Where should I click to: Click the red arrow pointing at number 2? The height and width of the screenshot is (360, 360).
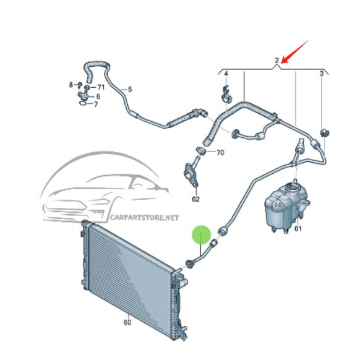[295, 52]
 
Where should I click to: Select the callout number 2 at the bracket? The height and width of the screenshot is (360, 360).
[277, 61]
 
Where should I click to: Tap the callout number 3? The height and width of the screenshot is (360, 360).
[322, 74]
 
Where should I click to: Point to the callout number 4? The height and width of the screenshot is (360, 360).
[226, 74]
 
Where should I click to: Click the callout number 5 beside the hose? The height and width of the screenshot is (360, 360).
[130, 89]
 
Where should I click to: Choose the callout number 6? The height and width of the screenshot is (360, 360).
[98, 96]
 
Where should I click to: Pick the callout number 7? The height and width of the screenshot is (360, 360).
[96, 105]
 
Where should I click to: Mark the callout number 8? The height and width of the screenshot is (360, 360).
[71, 85]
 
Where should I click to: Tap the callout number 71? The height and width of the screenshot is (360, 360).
[101, 87]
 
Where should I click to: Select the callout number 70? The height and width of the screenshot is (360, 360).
[220, 152]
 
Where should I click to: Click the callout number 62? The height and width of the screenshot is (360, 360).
[195, 199]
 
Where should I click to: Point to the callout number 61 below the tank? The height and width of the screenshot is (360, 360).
[298, 229]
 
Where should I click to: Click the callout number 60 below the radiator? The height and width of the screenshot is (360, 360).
[127, 322]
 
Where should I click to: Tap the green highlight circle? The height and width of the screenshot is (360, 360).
[202, 234]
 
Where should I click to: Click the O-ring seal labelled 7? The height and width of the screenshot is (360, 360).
[83, 104]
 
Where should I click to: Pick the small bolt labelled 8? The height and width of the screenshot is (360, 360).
[80, 85]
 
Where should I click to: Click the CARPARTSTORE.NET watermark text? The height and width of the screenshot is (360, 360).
[144, 218]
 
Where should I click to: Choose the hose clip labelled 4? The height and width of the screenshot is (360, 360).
[227, 95]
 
